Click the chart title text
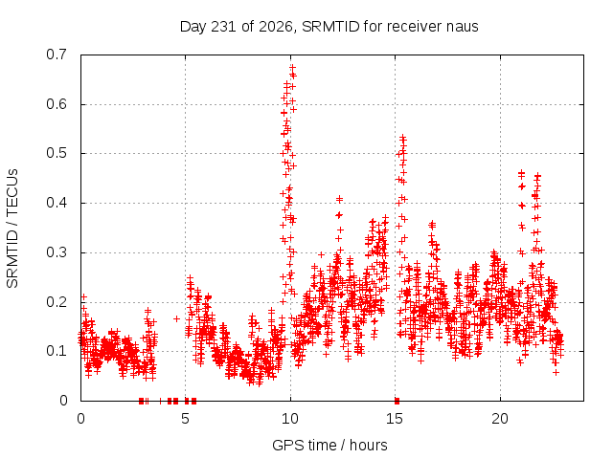[x=329, y=27]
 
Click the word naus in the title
[x=464, y=27]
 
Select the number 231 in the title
[x=223, y=27]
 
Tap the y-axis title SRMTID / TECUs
[x=12, y=229]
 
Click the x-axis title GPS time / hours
[x=329, y=445]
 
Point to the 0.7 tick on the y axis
[x=57, y=55]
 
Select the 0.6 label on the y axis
[x=57, y=104]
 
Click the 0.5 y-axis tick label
[x=57, y=153]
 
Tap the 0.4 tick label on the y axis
[x=57, y=203]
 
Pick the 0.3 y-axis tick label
[x=57, y=252]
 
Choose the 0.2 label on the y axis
[x=57, y=302]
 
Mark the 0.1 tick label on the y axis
[x=57, y=351]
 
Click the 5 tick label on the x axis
[x=185, y=419]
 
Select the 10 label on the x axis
[x=290, y=419]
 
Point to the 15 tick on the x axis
[x=395, y=419]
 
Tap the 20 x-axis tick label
[x=500, y=419]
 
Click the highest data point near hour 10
[x=292, y=68]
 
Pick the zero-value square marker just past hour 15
[x=397, y=401]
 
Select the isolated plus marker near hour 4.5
[x=176, y=318]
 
